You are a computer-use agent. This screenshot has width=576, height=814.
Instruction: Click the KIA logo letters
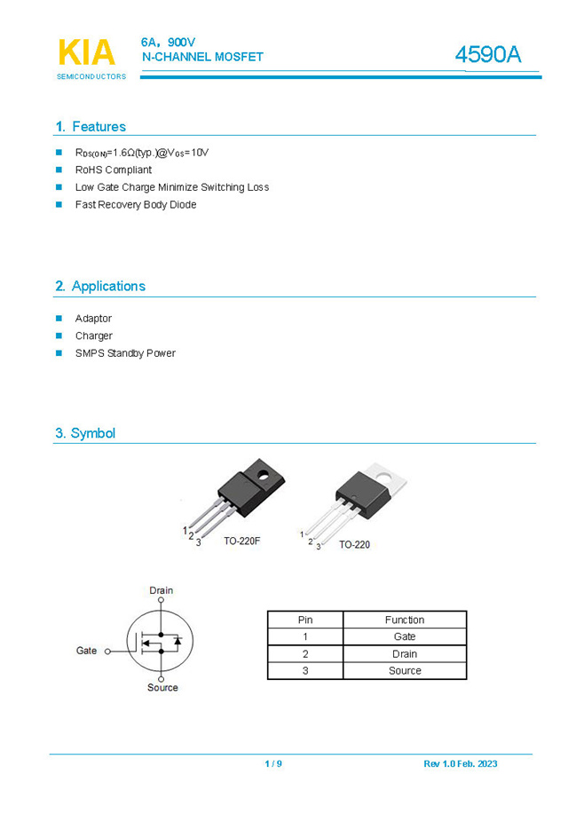86,52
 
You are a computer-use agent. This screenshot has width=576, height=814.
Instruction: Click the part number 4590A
488,55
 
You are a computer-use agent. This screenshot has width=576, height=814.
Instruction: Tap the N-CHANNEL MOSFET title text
202,57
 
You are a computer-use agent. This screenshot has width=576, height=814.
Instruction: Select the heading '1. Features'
91,127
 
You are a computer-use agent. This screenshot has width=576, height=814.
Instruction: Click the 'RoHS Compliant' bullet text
113,170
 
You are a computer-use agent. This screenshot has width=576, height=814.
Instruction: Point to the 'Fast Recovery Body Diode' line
135,205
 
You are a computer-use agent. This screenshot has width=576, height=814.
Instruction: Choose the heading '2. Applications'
100,286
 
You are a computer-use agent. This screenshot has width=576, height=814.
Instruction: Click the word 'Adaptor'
93,319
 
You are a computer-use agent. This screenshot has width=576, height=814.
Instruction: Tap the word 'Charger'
93,336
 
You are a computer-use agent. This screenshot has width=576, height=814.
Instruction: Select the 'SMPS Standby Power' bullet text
125,353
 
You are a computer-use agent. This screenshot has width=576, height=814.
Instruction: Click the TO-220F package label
241,541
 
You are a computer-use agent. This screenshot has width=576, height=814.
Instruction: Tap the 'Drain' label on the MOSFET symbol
162,590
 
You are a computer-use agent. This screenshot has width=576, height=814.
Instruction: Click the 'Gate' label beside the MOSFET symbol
86,651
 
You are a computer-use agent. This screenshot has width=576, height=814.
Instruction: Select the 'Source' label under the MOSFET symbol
162,688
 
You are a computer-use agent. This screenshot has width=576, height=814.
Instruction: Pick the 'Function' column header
405,620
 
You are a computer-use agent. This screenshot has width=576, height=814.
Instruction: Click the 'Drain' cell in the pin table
405,654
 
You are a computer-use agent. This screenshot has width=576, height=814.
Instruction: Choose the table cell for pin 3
305,671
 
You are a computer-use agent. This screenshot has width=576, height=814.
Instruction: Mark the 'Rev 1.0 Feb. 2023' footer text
460,764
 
